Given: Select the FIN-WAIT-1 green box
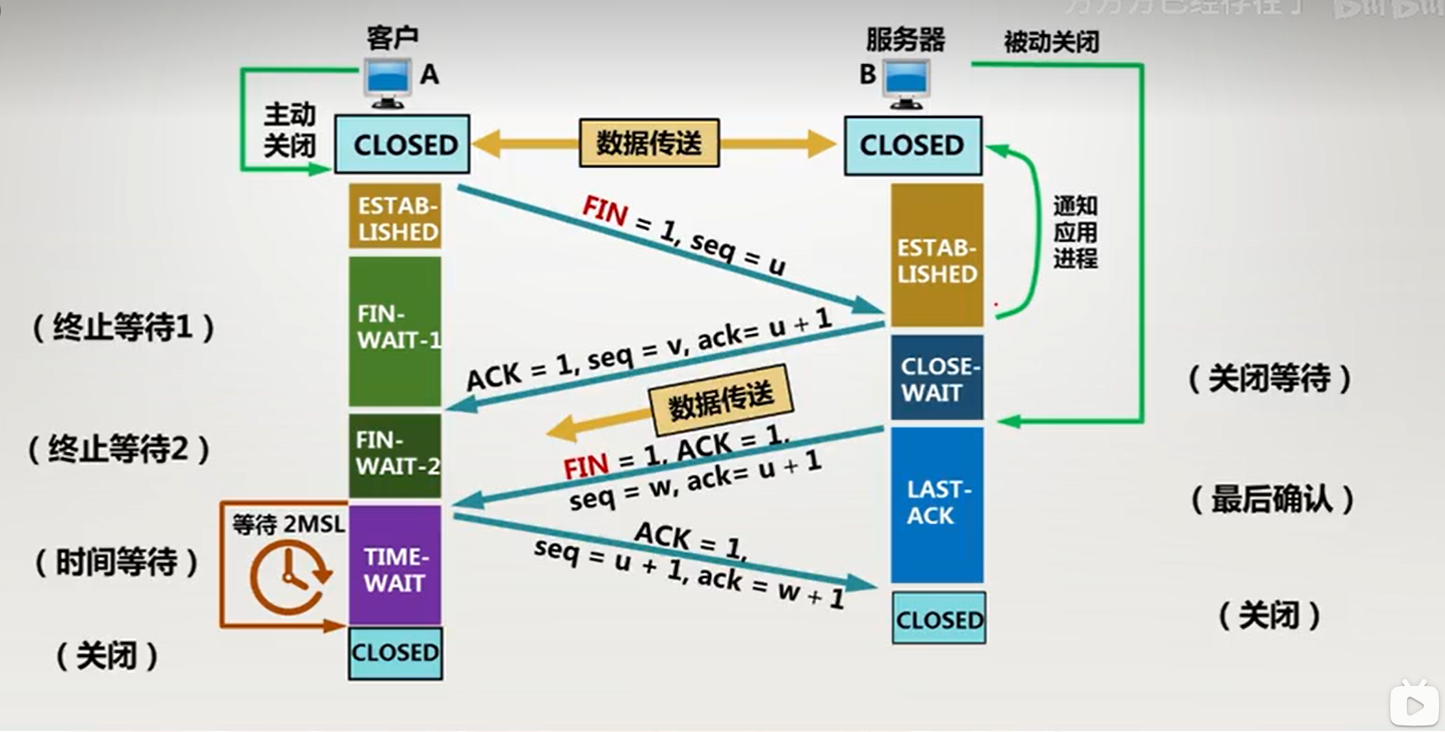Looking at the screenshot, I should pyautogui.click(x=395, y=331).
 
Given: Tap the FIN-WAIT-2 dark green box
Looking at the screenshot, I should pyautogui.click(x=395, y=455).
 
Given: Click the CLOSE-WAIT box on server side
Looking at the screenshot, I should pyautogui.click(x=936, y=378).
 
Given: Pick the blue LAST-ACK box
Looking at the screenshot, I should pyautogui.click(x=936, y=503).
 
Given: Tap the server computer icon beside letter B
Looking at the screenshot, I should pyautogui.click(x=906, y=83).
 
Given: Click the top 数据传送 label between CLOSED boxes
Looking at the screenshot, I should pyautogui.click(x=650, y=143).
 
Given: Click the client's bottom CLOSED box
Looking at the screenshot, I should pyautogui.click(x=395, y=653).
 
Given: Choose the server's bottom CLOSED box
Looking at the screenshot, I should pyautogui.click(x=939, y=619).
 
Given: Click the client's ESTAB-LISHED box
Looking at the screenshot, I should pyautogui.click(x=395, y=217).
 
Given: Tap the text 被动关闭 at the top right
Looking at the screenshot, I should pyautogui.click(x=1051, y=41).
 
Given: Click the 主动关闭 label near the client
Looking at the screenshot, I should pyautogui.click(x=289, y=129).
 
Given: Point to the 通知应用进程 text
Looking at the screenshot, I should pyautogui.click(x=1075, y=232).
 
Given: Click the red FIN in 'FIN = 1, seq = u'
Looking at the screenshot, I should pyautogui.click(x=605, y=210).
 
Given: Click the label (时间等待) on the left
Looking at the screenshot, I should pyautogui.click(x=116, y=562).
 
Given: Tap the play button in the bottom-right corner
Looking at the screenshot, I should pyautogui.click(x=1415, y=704).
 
